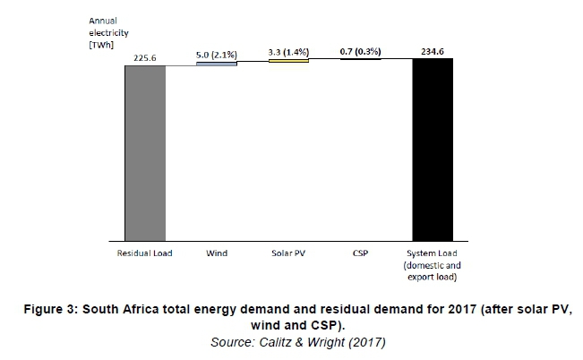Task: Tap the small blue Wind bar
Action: [217, 64]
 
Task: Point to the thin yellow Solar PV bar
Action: [289, 61]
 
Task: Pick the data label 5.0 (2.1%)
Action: [217, 55]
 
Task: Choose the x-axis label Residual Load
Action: [145, 253]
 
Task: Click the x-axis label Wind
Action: [217, 253]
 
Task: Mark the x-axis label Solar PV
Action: [288, 253]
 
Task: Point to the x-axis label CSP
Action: [361, 253]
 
